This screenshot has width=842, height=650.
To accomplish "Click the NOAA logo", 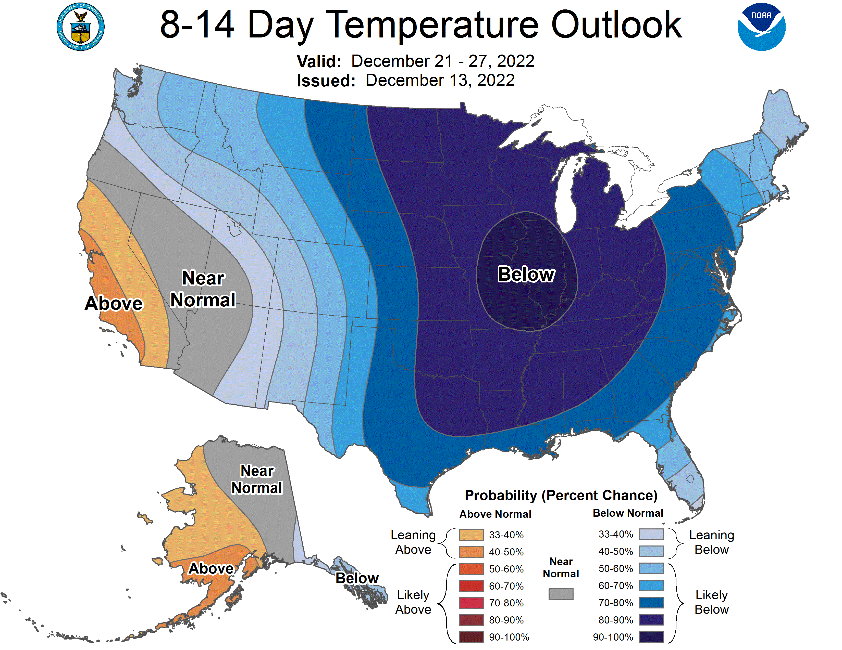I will coord(761,27).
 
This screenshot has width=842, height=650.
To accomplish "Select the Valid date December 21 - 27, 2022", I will coord(443,61).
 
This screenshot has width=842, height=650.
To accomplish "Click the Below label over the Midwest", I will coord(526,274).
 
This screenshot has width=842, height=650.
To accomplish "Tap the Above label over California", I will coord(114,303).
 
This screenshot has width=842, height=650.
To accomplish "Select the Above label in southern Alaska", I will coord(211,568).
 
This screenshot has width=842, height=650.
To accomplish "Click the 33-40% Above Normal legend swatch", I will coord(471,535).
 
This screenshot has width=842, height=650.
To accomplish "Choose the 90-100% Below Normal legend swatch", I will coord(651,637).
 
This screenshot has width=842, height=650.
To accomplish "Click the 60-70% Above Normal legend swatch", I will coord(471,586).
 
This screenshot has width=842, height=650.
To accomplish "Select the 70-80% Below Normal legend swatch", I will coord(651,603).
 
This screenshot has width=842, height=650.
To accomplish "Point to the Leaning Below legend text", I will coord(711,542).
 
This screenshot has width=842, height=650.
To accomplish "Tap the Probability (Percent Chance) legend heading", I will coord(561,496).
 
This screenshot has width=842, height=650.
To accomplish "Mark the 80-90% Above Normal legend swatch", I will coord(471,620).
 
